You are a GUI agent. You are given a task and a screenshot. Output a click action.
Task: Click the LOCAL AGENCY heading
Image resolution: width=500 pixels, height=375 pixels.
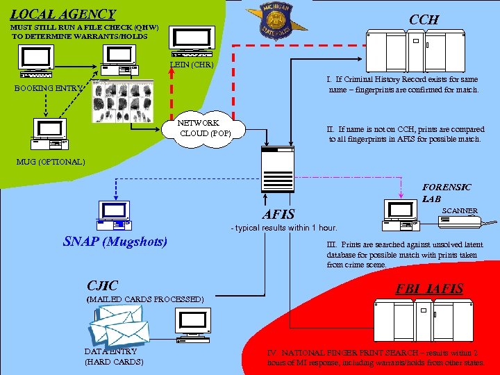click(x=63, y=14)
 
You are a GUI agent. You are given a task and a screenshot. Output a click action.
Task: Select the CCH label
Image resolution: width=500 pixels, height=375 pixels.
click(x=424, y=19)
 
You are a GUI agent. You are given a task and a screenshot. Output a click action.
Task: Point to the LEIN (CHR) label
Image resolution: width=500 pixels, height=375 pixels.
click(x=192, y=65)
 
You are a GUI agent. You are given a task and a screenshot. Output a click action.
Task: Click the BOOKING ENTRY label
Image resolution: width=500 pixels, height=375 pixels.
click(x=48, y=88)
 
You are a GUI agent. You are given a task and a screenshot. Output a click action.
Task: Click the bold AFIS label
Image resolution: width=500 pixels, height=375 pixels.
click(x=278, y=215)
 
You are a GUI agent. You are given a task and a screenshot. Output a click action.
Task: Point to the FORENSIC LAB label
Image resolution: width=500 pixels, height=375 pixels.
click(x=447, y=192)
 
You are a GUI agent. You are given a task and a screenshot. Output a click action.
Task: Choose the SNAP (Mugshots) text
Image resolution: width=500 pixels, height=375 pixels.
click(x=115, y=242)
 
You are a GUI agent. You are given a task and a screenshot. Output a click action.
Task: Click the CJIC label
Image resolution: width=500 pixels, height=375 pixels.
click(x=102, y=285)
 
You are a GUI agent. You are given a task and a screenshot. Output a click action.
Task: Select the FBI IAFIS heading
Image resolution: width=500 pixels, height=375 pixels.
click(x=429, y=288)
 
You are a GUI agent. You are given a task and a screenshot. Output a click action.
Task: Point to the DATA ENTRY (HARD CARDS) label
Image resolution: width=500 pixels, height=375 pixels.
click(x=114, y=356)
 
